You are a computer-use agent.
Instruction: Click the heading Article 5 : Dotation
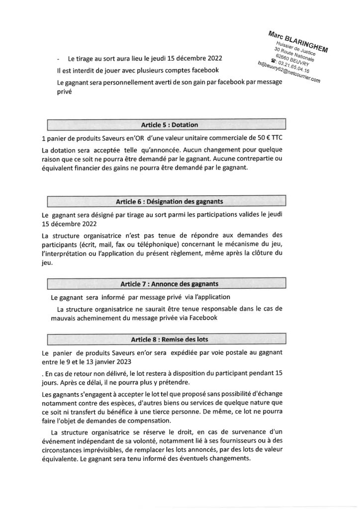(x=166, y=124)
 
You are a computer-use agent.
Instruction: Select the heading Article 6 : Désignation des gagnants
(x=166, y=202)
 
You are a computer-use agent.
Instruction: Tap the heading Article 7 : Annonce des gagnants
(x=166, y=284)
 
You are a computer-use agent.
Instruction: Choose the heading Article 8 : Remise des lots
(x=166, y=340)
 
